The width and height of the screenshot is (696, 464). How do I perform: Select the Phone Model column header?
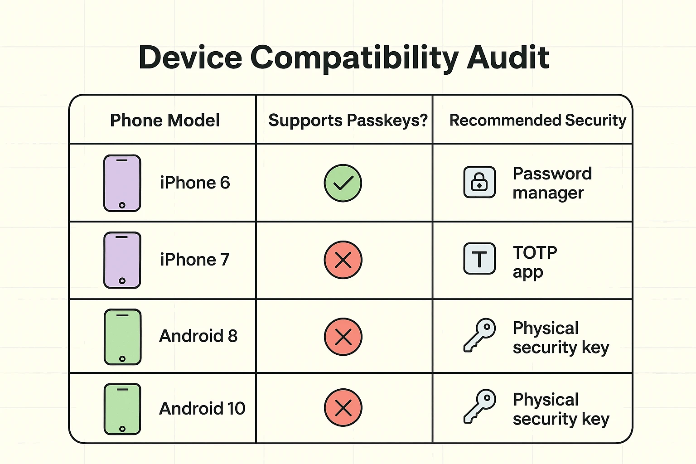(165, 121)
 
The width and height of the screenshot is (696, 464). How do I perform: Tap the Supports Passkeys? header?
(348, 121)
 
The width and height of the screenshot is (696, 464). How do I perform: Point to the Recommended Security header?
(537, 121)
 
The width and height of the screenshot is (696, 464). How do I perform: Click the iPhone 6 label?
(195, 183)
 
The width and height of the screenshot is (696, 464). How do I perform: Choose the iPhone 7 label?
(195, 260)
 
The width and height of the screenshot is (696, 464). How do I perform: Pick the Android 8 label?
(198, 336)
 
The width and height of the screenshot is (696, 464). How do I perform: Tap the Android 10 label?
(202, 408)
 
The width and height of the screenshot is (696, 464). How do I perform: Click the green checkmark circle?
(343, 183)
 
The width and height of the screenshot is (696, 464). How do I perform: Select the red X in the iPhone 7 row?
(343, 260)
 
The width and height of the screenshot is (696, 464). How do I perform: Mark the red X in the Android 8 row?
(343, 337)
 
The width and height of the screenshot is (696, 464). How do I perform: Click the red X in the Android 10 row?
(343, 408)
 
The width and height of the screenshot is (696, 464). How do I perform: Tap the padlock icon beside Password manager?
(479, 182)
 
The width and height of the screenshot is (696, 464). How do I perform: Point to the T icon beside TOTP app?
(479, 259)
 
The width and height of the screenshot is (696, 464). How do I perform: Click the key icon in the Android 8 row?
(479, 335)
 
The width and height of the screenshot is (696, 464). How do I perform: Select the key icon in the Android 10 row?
(479, 406)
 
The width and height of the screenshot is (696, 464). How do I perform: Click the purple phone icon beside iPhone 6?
(122, 183)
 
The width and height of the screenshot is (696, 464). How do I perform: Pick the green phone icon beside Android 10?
(122, 409)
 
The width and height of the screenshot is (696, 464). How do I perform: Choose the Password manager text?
(552, 183)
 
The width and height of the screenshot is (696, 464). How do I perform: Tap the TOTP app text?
(535, 262)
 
